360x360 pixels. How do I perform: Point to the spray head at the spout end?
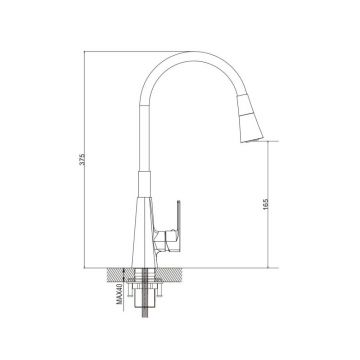(x=249, y=118)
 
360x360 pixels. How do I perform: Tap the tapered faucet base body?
(x=144, y=232)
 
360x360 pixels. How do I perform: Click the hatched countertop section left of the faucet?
(x=121, y=274)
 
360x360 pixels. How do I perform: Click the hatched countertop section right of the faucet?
(x=169, y=274)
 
